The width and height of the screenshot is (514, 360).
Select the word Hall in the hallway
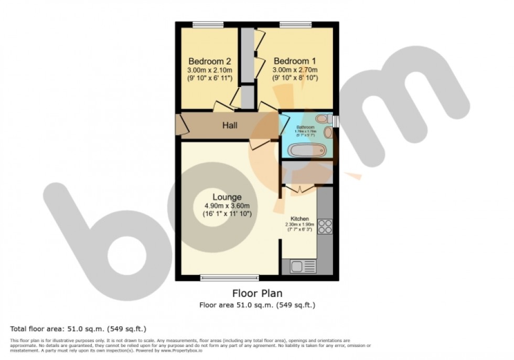coord(230,125)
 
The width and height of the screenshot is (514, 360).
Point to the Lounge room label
coord(227,197)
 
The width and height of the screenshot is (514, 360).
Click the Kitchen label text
coord(299,218)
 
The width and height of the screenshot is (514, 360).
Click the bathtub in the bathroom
coord(307,151)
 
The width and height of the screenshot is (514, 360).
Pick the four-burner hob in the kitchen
coord(325,226)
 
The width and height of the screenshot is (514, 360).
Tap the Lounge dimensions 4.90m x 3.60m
coord(227,206)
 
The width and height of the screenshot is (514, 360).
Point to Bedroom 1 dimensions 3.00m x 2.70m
coord(295,69)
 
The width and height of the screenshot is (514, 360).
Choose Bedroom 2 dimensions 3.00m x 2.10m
coord(210,69)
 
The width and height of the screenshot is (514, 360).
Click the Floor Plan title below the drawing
coord(256,293)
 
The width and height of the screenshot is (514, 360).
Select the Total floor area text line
coord(78,329)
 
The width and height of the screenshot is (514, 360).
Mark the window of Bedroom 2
coord(208,24)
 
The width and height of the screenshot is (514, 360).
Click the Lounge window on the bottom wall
coord(229,277)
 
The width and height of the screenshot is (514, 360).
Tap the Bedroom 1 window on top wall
coord(295,24)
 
